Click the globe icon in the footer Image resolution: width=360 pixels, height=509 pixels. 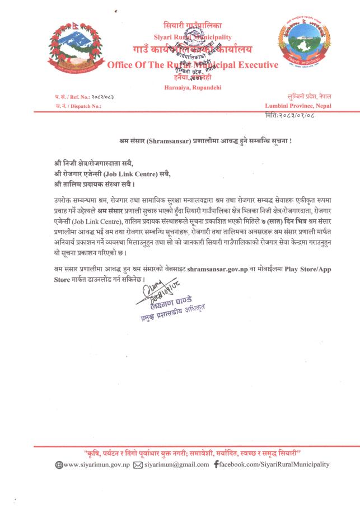58,465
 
